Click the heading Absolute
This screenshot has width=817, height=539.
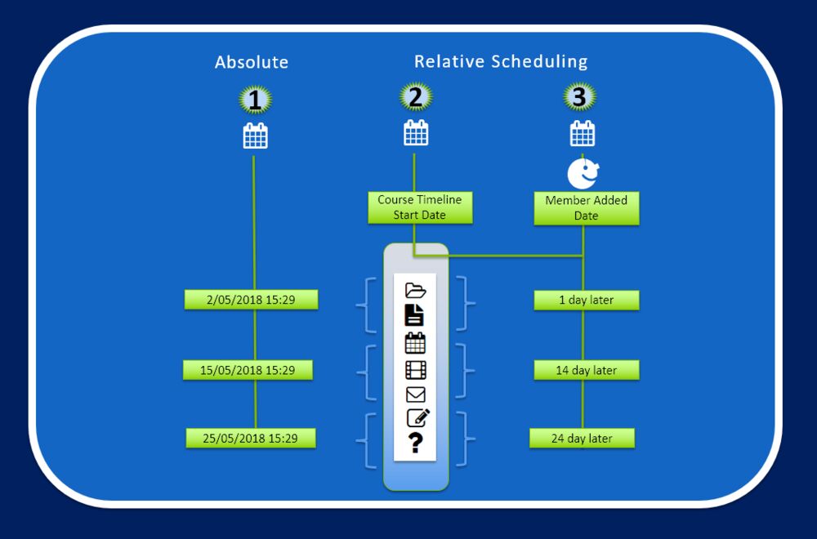[252, 62]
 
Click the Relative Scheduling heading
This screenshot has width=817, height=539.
[500, 61]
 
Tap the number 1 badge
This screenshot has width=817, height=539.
[255, 100]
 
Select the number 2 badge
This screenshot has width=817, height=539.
[416, 97]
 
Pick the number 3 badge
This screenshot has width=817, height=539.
[579, 97]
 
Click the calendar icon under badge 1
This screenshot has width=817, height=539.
[255, 136]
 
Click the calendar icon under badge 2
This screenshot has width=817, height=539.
[416, 132]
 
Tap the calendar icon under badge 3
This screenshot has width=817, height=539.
[582, 133]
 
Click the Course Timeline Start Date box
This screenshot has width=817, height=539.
[419, 207]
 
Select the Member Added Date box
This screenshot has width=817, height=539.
[586, 208]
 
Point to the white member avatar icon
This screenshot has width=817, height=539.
[583, 172]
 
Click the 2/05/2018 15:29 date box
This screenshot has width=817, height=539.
[251, 300]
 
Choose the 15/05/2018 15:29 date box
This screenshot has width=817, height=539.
[249, 370]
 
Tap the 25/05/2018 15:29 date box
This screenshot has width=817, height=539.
[250, 439]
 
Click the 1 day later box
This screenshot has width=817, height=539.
[586, 300]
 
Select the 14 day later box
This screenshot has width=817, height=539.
[586, 370]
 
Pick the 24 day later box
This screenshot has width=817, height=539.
[582, 439]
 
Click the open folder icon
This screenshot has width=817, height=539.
[416, 290]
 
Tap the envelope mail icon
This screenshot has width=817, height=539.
[416, 395]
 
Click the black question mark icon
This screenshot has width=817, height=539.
[416, 443]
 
